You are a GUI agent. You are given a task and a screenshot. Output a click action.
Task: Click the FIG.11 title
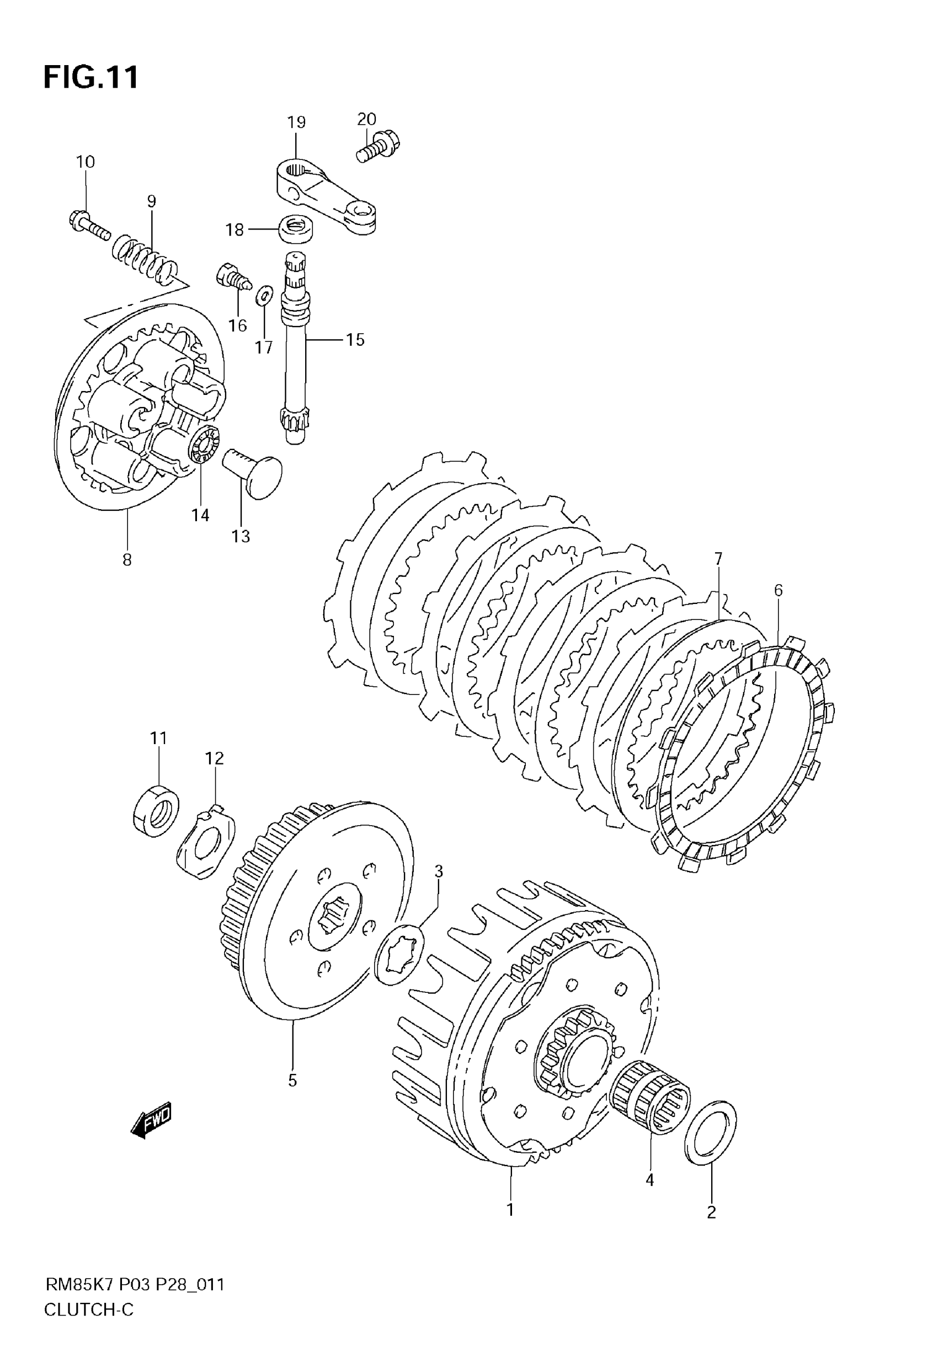click(x=91, y=77)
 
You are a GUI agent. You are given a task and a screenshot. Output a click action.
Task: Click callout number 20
click(x=366, y=119)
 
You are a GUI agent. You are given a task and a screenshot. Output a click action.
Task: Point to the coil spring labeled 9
click(x=145, y=256)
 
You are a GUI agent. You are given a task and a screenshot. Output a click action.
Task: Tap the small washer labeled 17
click(x=264, y=296)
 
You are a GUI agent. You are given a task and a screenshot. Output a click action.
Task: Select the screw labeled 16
click(x=234, y=278)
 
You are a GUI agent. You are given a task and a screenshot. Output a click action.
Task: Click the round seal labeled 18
click(x=295, y=228)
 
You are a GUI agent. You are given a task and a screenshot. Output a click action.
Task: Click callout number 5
click(x=292, y=1080)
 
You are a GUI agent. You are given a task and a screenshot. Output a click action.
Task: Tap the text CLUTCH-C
click(x=89, y=1310)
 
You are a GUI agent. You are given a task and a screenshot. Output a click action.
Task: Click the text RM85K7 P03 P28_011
click(x=135, y=1285)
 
